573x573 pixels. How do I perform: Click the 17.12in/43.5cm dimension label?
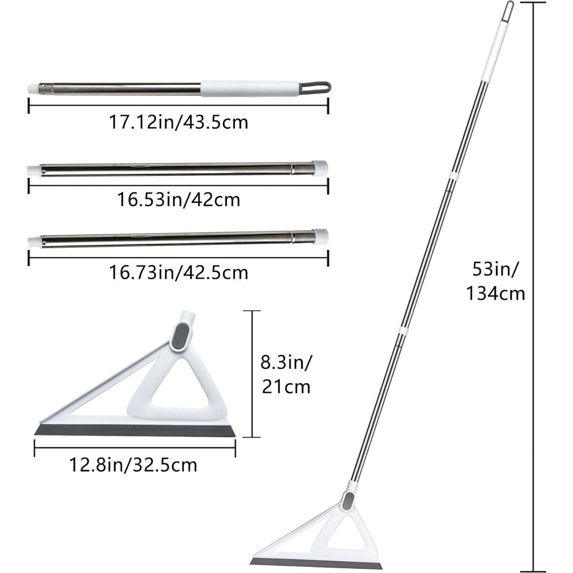178,122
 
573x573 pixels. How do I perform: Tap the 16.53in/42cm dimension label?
178,200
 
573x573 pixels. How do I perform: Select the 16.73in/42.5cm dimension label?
178,273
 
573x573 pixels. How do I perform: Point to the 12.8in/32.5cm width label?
133,465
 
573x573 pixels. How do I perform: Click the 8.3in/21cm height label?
286,374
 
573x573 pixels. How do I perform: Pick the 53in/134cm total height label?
495,282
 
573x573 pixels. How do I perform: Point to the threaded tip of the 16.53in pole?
34,169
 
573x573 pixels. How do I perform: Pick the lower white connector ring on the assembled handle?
403,330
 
